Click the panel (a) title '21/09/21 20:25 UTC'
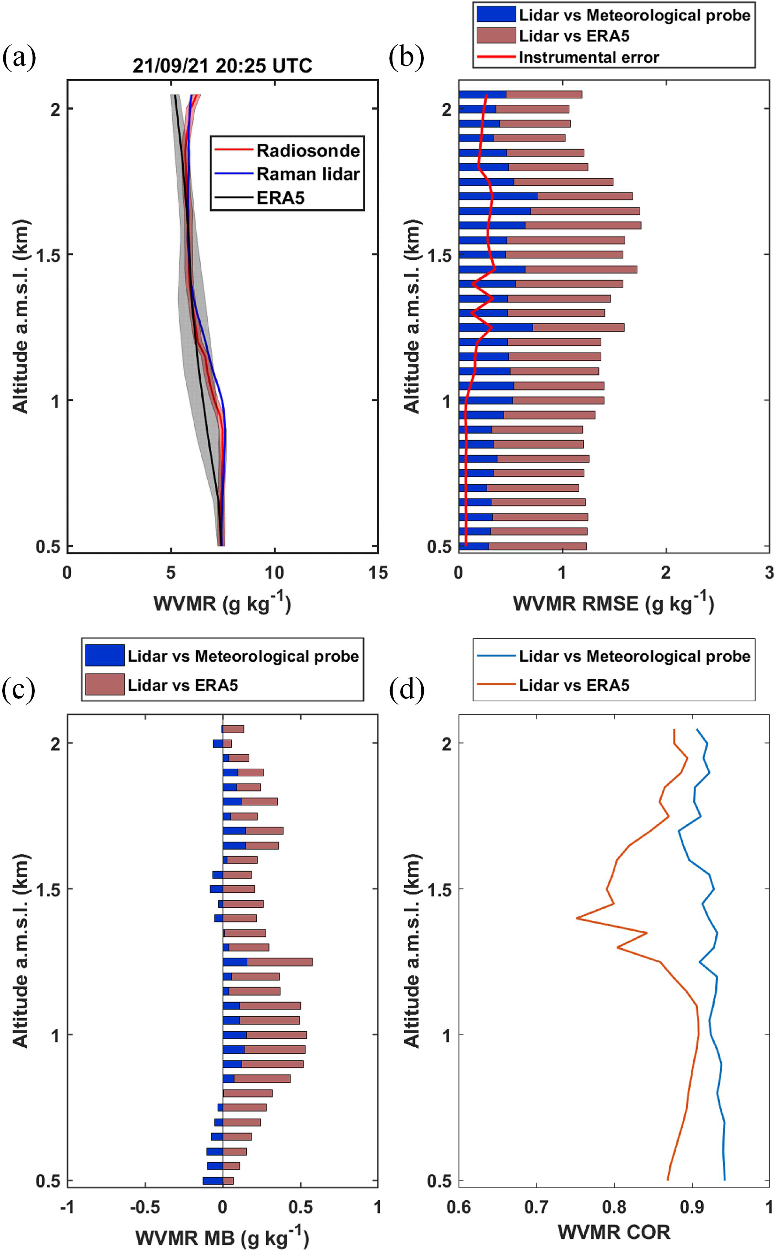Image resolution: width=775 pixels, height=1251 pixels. [222, 66]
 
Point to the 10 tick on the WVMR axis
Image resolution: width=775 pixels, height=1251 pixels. [274, 573]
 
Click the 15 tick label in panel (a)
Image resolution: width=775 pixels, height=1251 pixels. [378, 573]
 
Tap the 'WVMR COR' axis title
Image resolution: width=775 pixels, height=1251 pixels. [613, 1231]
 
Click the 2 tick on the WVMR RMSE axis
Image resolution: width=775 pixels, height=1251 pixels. [665, 573]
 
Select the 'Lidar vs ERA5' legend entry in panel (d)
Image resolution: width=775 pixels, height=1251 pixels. [574, 685]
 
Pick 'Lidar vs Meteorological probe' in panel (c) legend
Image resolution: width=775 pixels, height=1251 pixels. [243, 656]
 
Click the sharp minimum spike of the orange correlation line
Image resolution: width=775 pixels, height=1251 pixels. [577, 918]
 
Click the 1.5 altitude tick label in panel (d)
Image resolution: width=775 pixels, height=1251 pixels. [440, 889]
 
